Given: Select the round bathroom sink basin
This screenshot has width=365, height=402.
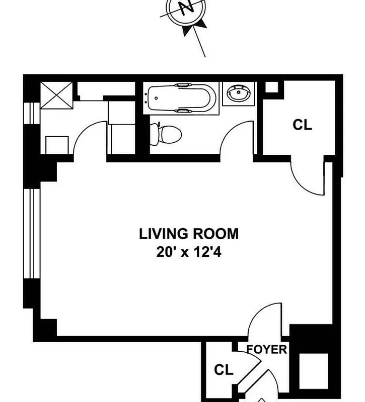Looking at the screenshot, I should (238, 93).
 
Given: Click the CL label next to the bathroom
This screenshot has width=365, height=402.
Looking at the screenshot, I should (302, 125).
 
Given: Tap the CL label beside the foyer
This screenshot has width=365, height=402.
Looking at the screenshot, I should (224, 370).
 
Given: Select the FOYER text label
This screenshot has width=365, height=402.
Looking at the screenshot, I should (266, 349).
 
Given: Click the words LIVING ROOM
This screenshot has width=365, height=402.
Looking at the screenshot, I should (189, 234).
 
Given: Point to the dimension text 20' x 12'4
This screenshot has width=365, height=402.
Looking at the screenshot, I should (189, 253).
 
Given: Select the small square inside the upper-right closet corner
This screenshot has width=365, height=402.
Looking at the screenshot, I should (271, 87).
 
